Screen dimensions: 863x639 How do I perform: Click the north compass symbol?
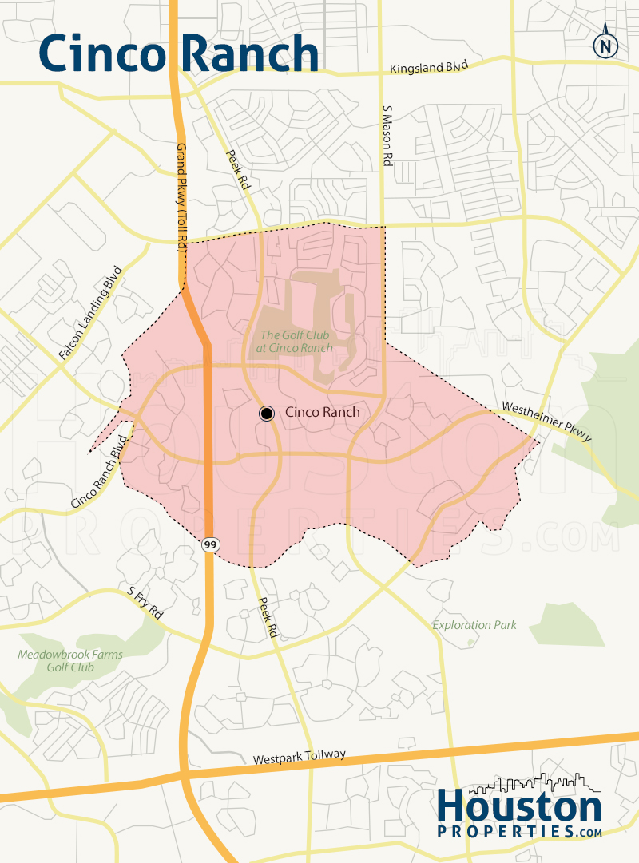pyautogui.click(x=606, y=46)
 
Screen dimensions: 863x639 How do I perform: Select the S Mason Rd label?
pyautogui.click(x=387, y=137)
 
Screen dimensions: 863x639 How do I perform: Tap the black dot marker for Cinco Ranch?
pyautogui.click(x=267, y=413)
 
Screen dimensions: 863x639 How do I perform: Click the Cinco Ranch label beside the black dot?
pyautogui.click(x=322, y=413)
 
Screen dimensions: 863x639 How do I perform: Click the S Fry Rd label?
pyautogui.click(x=145, y=604)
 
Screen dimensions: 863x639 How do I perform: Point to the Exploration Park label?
pyautogui.click(x=474, y=625)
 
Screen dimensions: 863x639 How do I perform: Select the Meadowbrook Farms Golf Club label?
pyautogui.click(x=70, y=661)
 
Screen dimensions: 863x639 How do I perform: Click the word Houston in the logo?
pyautogui.click(x=519, y=808)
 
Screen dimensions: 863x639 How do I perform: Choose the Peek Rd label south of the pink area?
pyautogui.click(x=266, y=617)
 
